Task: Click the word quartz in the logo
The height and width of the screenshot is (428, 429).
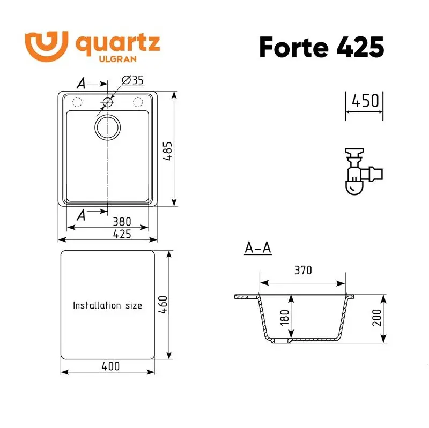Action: [x=117, y=43]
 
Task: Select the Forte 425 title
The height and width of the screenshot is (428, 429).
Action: [x=321, y=47]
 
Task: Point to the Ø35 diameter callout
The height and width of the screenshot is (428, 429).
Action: [x=132, y=80]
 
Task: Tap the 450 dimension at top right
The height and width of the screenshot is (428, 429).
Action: [x=365, y=100]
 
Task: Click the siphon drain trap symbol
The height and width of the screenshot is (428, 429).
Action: [x=360, y=171]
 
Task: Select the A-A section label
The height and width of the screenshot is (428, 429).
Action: [x=257, y=248]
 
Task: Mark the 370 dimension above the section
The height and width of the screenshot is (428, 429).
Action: [x=302, y=271]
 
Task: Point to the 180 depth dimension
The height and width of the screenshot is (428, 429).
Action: [x=284, y=318]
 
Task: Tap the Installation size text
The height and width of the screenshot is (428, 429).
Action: [x=107, y=305]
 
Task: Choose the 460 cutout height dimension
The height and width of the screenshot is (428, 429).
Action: [x=164, y=304]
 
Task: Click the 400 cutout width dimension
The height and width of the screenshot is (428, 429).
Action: [x=109, y=366]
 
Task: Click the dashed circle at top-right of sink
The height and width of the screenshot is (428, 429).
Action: [x=138, y=102]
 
